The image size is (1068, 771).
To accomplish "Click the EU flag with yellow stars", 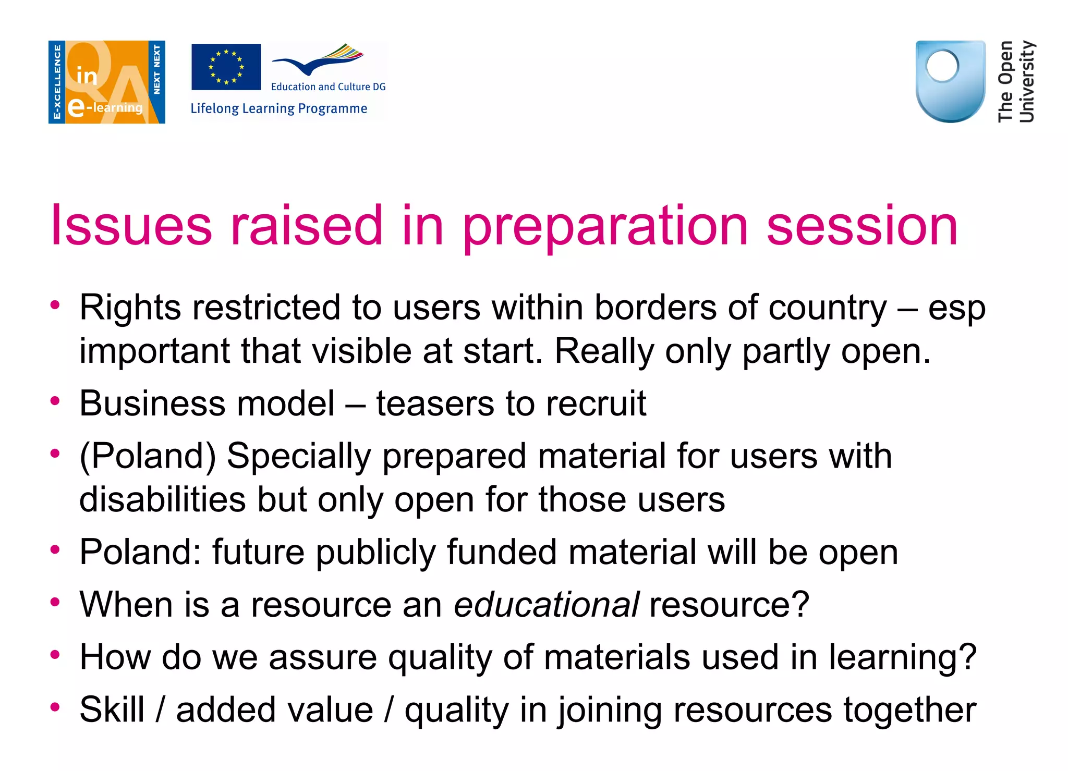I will (226, 67).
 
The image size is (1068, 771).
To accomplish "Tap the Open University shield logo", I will (950, 81).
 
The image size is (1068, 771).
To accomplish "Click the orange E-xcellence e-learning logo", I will (107, 82).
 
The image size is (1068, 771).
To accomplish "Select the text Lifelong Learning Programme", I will (278, 108).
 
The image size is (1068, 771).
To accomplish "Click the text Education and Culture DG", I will (328, 87).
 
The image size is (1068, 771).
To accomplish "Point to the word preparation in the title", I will (605, 227).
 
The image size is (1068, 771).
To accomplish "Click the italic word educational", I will (546, 605).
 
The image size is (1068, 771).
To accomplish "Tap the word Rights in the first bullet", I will (130, 308).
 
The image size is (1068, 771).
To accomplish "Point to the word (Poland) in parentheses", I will (148, 457).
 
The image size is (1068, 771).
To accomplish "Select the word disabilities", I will (162, 499).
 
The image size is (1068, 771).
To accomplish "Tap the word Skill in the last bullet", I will (112, 709).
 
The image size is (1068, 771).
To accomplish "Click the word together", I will (909, 711).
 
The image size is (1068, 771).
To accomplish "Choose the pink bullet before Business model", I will (55, 401).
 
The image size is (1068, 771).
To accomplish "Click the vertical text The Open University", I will (1015, 81).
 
